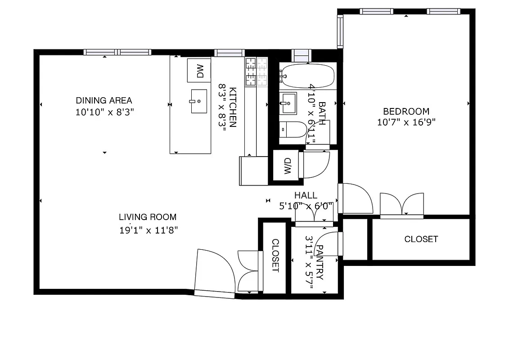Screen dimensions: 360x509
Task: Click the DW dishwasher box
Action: click(x=199, y=70)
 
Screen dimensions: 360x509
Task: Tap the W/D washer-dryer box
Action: click(x=288, y=166)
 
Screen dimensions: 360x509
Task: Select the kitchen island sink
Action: click(x=198, y=101)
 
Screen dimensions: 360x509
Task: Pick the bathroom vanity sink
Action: click(x=288, y=103)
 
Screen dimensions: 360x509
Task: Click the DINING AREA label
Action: click(x=104, y=100)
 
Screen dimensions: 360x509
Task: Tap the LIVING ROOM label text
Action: click(x=148, y=217)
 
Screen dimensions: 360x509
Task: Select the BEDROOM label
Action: click(x=406, y=111)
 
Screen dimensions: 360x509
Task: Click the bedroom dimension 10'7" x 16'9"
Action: click(x=406, y=122)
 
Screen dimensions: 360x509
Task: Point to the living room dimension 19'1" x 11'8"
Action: click(x=149, y=230)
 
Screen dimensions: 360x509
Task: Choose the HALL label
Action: click(x=306, y=195)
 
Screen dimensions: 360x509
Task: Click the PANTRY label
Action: click(x=320, y=262)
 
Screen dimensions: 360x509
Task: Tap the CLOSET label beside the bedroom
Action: click(x=421, y=239)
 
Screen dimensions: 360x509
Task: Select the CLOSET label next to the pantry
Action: click(x=275, y=255)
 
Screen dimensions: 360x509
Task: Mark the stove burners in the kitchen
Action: click(x=256, y=72)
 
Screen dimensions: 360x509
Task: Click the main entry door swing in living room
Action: click(x=215, y=272)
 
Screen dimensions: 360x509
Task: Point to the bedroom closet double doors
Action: click(x=402, y=205)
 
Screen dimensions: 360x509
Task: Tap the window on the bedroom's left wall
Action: click(x=340, y=31)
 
